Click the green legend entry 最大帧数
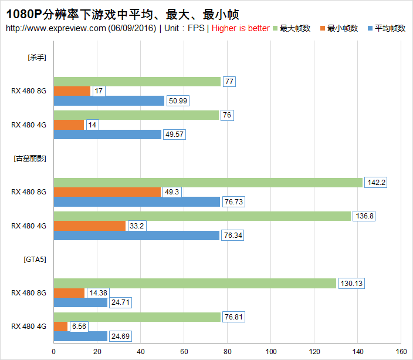point(294,28)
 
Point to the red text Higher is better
point(241,28)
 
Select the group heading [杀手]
point(37,58)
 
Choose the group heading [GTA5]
point(35,259)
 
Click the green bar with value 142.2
point(208,183)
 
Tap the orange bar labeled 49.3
point(107,192)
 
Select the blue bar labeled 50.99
point(109,101)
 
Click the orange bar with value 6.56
point(60,327)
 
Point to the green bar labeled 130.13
point(195,284)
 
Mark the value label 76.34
point(232,235)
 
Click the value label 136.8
point(364,216)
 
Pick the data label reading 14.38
point(97,293)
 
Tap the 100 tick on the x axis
point(271,352)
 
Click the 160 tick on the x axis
point(401,352)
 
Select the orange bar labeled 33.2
point(89,226)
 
